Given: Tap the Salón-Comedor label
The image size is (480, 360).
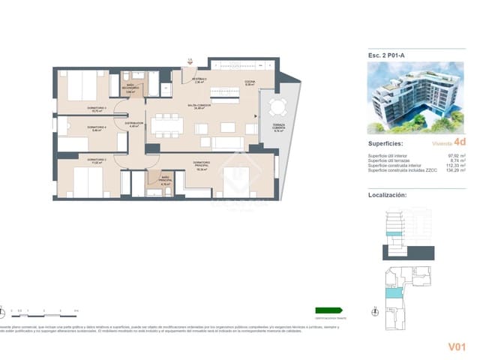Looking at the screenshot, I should click(x=198, y=107).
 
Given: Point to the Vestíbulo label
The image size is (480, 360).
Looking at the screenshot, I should click(x=199, y=81).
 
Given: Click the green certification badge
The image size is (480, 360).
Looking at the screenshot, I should click(x=328, y=310).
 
